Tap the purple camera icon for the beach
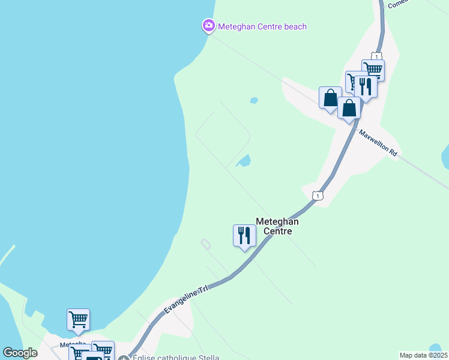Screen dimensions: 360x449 point(208,25)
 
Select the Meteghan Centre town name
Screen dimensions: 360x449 point(277,226)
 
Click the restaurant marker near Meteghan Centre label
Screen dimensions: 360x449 point(244,235)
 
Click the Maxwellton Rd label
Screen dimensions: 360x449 point(379,144)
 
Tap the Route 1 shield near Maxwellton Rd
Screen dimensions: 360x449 point(318,196)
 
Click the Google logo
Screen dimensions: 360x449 point(20,353)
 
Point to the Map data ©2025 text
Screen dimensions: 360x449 point(423,355)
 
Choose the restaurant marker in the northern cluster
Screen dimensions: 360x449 point(366,86)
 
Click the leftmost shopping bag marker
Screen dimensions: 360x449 point(330,98)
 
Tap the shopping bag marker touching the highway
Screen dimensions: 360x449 point(349,109)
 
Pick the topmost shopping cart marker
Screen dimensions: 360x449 point(373,70)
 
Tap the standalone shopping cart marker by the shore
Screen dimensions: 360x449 point(78,320)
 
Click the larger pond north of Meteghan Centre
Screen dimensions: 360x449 point(244,161)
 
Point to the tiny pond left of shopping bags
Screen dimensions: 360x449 point(254,100)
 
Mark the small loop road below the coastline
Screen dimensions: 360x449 point(206,245)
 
